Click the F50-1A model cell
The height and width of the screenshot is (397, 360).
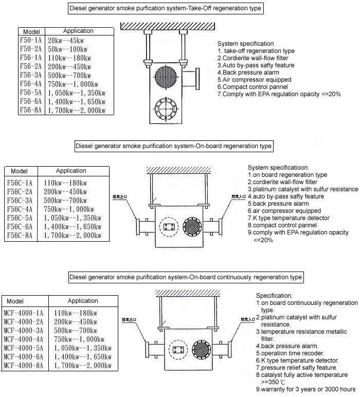[30, 40]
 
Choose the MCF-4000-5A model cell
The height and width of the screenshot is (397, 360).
[26, 348]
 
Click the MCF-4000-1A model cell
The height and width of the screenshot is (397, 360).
[26, 313]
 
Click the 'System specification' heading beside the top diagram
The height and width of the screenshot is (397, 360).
[245, 44]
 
